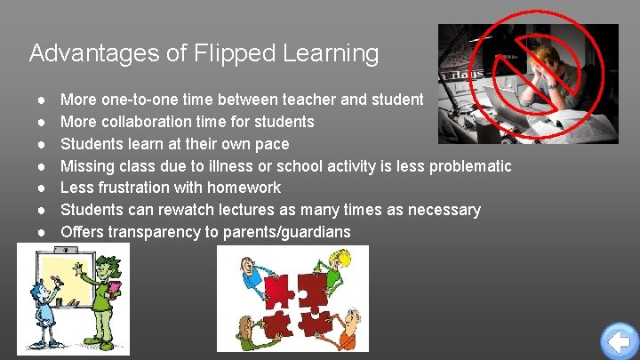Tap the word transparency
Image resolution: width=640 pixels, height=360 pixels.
point(153,232)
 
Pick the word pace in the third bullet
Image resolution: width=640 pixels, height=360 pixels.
point(270,143)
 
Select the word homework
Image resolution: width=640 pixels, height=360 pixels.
point(244,188)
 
